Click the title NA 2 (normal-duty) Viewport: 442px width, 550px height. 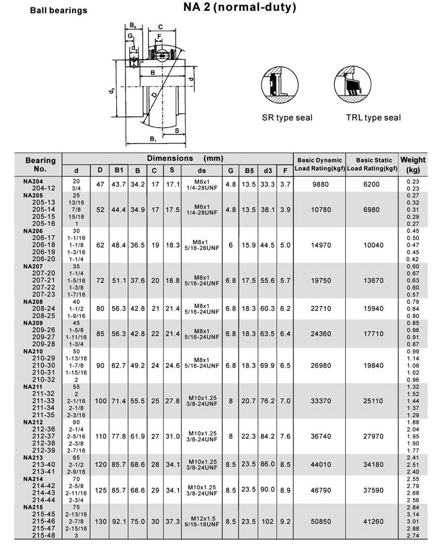(x=239, y=8)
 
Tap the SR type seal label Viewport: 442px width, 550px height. (x=287, y=117)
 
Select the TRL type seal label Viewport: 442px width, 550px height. (x=373, y=117)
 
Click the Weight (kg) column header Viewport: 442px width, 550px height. (x=413, y=164)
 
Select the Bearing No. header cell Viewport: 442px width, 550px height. (x=40, y=164)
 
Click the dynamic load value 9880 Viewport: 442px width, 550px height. (x=318, y=184)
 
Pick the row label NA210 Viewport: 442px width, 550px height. (x=33, y=352)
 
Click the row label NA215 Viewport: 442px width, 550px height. (x=33, y=506)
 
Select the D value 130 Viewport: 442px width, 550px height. (x=100, y=520)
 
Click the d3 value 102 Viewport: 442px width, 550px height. (x=267, y=520)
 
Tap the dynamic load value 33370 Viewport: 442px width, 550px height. (x=318, y=401)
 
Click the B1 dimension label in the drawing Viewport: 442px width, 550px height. (x=153, y=139)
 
